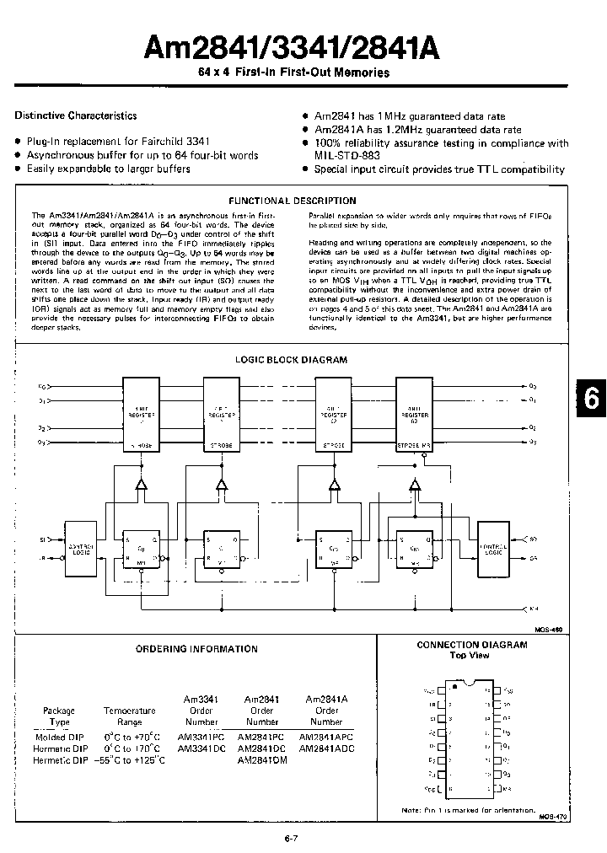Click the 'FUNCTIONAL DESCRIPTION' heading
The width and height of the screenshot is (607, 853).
293,201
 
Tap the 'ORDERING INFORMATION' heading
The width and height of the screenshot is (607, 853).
196,648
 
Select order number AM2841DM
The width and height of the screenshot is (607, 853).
262,759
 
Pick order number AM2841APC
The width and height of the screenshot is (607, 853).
326,736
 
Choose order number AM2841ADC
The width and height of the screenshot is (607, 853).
326,748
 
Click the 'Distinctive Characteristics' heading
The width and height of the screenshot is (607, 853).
76,115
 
